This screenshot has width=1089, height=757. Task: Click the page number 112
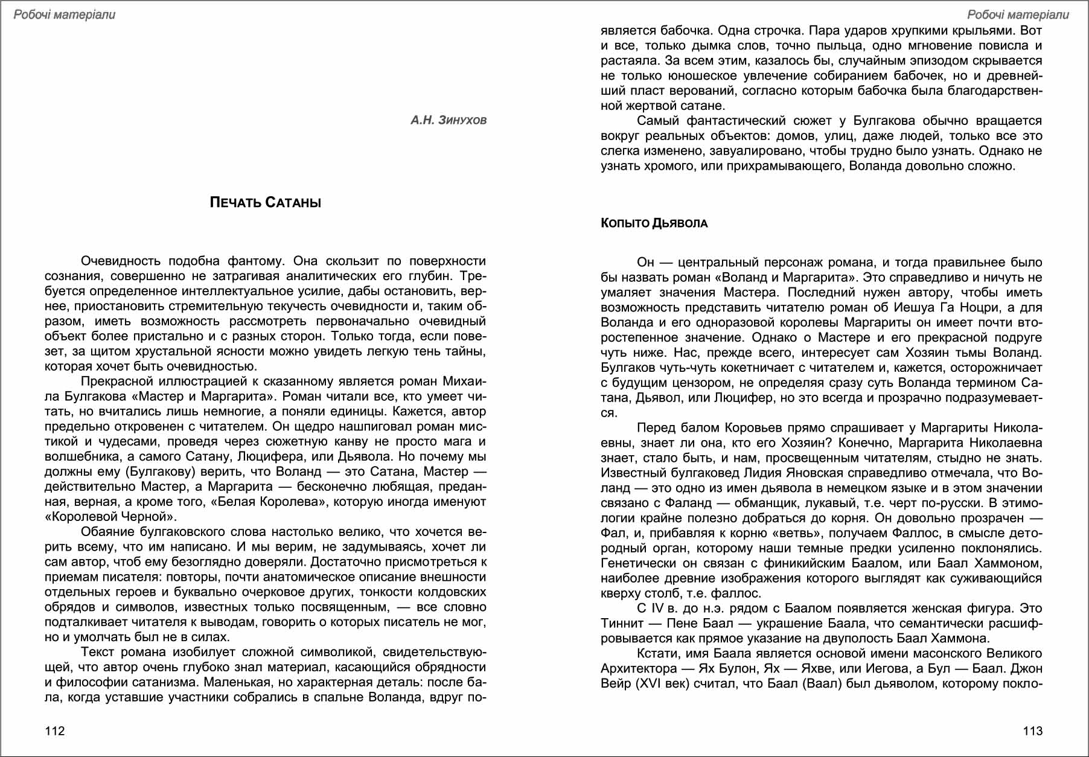pyautogui.click(x=55, y=731)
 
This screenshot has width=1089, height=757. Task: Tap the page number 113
pyautogui.click(x=1032, y=731)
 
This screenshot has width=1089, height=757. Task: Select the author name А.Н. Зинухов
pyautogui.click(x=449, y=120)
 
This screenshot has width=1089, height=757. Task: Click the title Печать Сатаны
pyautogui.click(x=266, y=203)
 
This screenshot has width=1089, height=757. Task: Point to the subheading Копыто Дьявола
pyautogui.click(x=654, y=223)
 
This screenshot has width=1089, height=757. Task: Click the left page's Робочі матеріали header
pyautogui.click(x=64, y=14)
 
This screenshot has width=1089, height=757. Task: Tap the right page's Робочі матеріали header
pyautogui.click(x=1018, y=14)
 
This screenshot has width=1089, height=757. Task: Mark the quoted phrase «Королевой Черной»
pyautogui.click(x=110, y=517)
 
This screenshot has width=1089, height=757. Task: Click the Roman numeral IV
pyautogui.click(x=657, y=608)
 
